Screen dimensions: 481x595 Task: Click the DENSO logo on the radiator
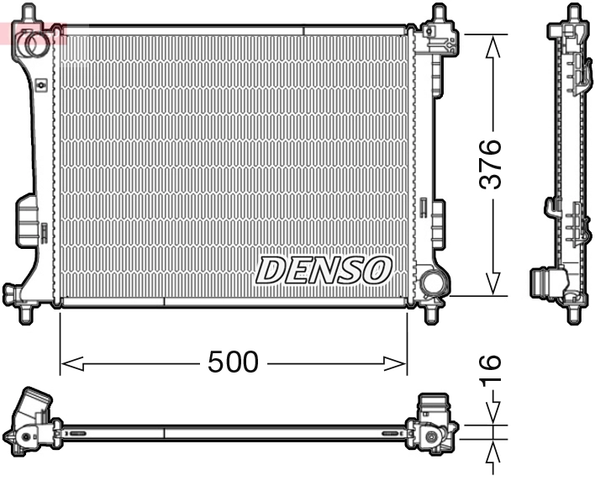click(x=324, y=270)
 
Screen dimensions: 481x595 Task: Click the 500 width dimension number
click(x=233, y=362)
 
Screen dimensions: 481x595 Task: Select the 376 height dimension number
click(x=492, y=164)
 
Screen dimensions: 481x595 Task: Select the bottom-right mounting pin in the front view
click(x=434, y=313)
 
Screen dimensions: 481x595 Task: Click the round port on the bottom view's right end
click(x=432, y=437)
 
